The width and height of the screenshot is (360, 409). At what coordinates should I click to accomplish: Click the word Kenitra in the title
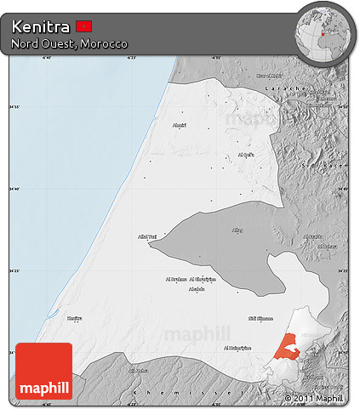(41, 26)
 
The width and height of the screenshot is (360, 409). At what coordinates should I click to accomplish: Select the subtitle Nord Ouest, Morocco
(70, 43)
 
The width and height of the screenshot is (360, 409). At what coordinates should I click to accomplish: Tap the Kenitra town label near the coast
(75, 317)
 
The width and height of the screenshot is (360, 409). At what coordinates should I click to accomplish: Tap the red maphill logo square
(44, 370)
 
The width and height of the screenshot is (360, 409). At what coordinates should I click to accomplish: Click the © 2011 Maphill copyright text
(314, 398)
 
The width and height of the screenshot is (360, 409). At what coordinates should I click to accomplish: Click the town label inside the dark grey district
(237, 230)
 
